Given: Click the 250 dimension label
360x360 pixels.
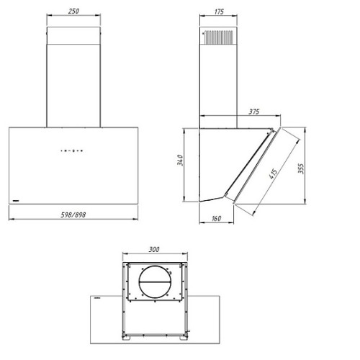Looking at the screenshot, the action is pos(73,12).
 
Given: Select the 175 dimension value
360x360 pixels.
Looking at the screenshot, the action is pos(219,12).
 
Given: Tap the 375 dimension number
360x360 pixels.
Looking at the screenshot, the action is pos(254,112).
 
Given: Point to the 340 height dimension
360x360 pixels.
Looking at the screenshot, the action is pos(180,160).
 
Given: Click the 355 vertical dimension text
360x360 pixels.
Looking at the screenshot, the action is pos(301,168).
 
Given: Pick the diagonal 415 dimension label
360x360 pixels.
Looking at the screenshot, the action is pos(273,174).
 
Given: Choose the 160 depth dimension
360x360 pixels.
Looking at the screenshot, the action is pos(216,219).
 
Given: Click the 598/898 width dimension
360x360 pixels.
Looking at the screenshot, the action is pos(73,215).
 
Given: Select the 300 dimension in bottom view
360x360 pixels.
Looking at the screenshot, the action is pos(154,250).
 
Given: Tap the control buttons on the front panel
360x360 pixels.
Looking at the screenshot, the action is pos(72,150).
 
